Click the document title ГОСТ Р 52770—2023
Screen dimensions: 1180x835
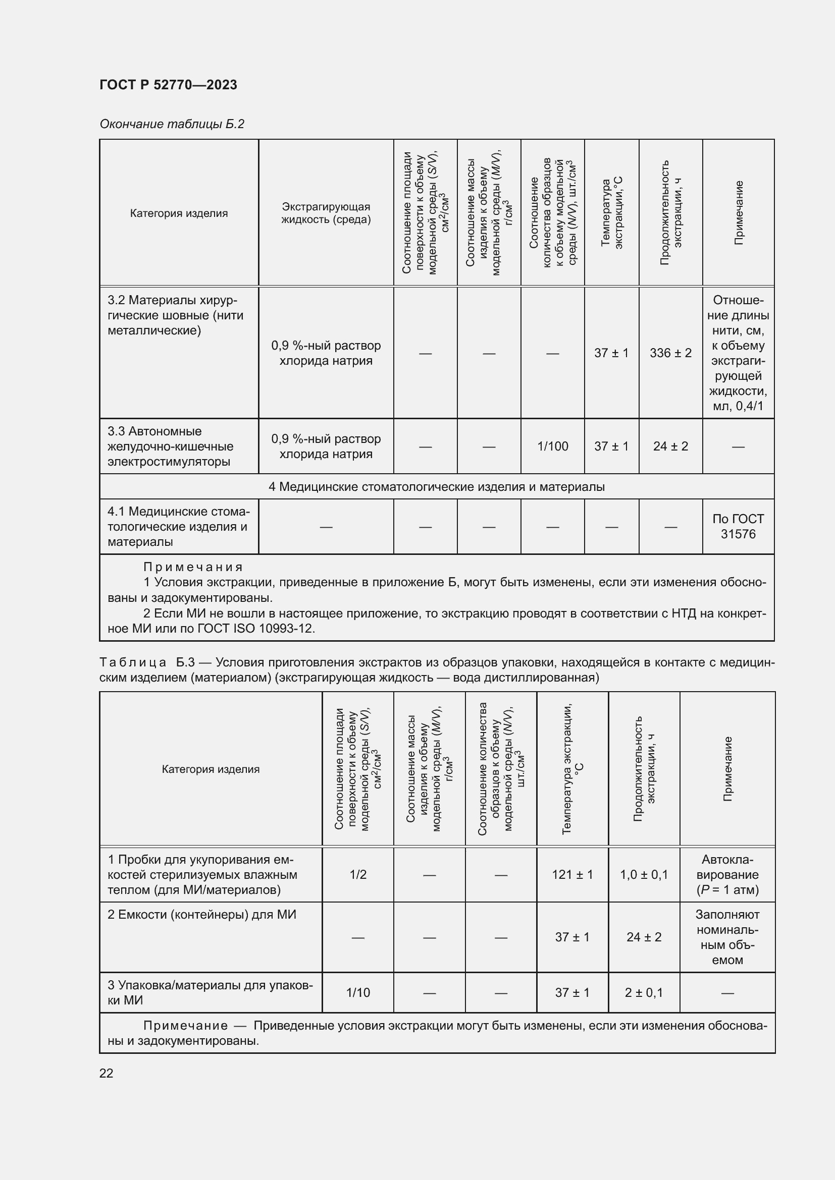point(168,85)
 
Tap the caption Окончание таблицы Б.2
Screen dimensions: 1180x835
point(172,124)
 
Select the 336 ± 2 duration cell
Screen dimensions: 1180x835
point(670,353)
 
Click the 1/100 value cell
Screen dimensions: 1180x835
point(553,446)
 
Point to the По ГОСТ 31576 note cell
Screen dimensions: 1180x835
point(738,526)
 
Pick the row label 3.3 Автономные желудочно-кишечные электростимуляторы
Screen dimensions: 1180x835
point(170,446)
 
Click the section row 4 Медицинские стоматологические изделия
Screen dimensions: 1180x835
point(437,486)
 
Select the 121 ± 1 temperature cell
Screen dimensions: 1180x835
point(572,874)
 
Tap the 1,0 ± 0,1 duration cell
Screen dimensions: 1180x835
point(644,874)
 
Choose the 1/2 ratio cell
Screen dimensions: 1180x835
point(358,874)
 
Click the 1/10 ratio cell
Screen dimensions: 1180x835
point(358,992)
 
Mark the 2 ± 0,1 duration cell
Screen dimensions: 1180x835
point(644,992)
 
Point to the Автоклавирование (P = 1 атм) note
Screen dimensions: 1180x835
point(727,874)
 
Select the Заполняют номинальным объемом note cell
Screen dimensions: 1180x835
point(727,936)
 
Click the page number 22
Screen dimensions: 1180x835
point(107,1073)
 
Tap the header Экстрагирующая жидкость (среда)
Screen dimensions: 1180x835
point(326,213)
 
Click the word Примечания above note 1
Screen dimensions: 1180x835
point(193,567)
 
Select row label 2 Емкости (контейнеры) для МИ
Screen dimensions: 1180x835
point(202,914)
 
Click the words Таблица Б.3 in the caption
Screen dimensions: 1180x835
point(146,662)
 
